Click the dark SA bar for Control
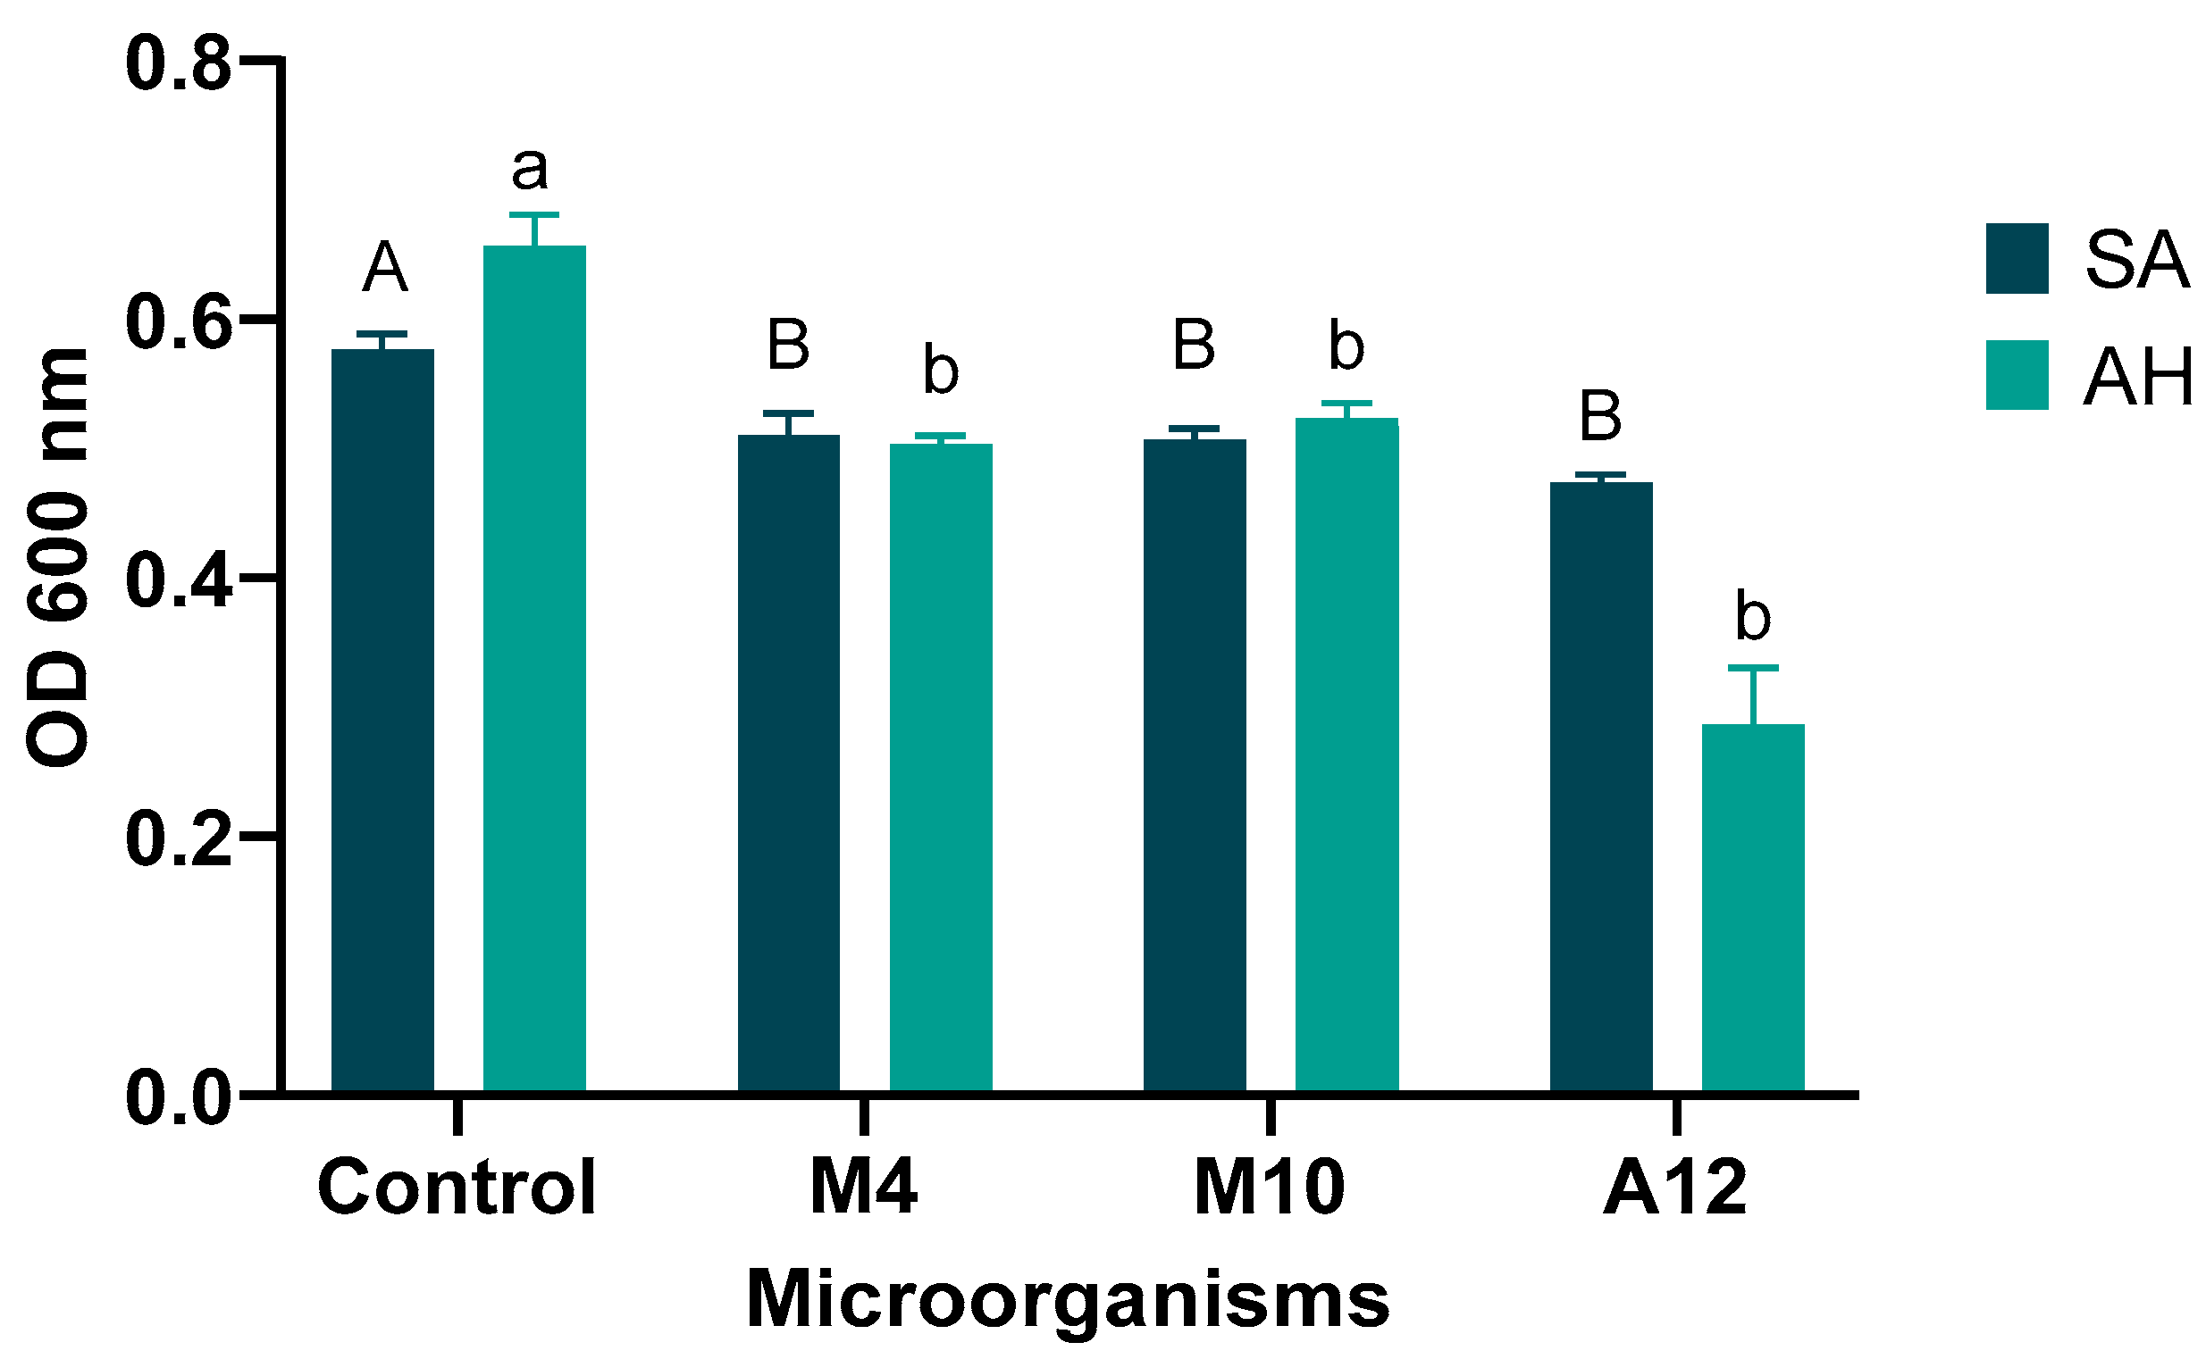coord(382,719)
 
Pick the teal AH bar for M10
coord(1346,755)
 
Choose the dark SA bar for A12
coord(1601,786)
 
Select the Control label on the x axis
coord(457,1188)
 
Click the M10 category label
coord(1269,1188)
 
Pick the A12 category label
coord(1674,1188)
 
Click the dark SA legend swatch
coord(2017,258)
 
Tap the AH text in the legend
coord(2139,377)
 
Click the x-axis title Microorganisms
coord(1068,1300)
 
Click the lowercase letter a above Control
coord(529,167)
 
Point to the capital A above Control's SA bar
coord(385,267)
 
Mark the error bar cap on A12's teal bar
coord(1753,668)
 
